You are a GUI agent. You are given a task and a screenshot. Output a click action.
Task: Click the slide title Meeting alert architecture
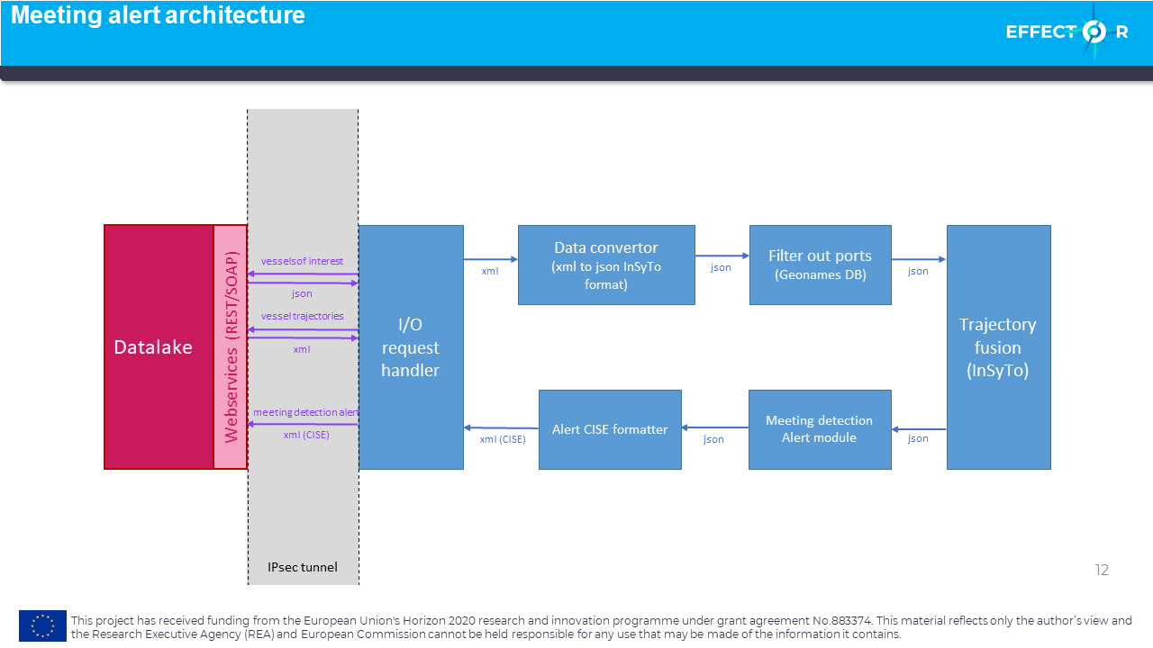tap(158, 15)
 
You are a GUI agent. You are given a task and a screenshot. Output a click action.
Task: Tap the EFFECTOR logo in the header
tap(1067, 31)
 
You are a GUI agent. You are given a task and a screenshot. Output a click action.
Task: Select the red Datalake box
tap(159, 347)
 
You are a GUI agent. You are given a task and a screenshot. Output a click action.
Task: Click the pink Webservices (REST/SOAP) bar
tap(231, 347)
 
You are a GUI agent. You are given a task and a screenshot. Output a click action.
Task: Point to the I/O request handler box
tap(411, 347)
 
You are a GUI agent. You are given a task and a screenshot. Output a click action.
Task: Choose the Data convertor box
tap(606, 265)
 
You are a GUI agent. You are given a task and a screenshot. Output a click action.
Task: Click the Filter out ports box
tap(821, 265)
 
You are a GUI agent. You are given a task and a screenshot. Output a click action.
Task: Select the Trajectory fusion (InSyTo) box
tap(999, 347)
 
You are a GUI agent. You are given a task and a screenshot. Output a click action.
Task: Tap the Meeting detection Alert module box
tap(820, 429)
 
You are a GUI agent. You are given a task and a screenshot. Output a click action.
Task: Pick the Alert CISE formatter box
tap(610, 429)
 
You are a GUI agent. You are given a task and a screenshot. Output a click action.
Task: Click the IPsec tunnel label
tap(303, 567)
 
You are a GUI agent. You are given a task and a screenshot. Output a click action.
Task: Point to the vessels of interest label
tap(302, 261)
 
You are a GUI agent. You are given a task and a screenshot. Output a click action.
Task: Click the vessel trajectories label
tap(302, 316)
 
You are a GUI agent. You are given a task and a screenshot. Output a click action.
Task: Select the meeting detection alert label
tap(305, 412)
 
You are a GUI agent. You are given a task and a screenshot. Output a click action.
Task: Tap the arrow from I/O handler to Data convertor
tap(491, 259)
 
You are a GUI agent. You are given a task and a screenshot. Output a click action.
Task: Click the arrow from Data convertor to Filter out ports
tap(722, 256)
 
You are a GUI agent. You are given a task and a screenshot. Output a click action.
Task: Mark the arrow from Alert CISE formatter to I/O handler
tap(501, 427)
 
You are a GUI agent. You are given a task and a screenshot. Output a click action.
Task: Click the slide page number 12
tap(1102, 570)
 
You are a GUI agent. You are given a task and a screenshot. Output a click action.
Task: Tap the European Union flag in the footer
tap(42, 625)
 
